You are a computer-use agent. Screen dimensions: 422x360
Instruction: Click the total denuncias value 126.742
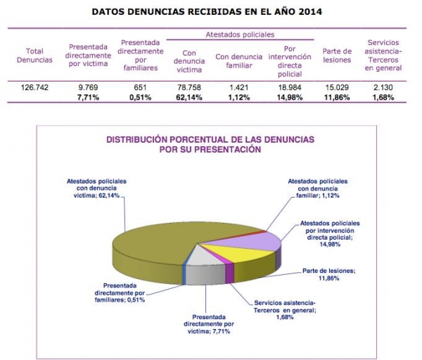(34, 87)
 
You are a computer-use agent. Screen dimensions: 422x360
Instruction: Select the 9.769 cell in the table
(88, 87)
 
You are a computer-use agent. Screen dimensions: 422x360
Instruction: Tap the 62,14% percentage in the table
(189, 98)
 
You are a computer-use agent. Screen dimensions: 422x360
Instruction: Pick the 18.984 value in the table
(290, 87)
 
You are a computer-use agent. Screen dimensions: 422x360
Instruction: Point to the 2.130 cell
(383, 87)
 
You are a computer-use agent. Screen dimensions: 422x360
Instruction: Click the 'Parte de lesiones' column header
(337, 56)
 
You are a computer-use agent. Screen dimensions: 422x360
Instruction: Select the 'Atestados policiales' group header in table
(240, 34)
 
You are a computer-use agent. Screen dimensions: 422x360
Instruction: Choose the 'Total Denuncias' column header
(34, 56)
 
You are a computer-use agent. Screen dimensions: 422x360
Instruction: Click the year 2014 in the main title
(310, 12)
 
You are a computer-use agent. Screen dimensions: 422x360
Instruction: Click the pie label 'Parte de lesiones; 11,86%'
(329, 274)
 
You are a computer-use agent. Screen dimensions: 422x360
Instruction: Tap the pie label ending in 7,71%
(209, 324)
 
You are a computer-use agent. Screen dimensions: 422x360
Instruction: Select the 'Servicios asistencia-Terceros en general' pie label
(285, 310)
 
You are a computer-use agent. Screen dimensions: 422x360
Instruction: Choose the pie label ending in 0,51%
(120, 292)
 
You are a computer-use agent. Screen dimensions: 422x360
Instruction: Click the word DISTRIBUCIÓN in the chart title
(138, 140)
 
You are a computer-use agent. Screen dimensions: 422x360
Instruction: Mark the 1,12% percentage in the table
(239, 98)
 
